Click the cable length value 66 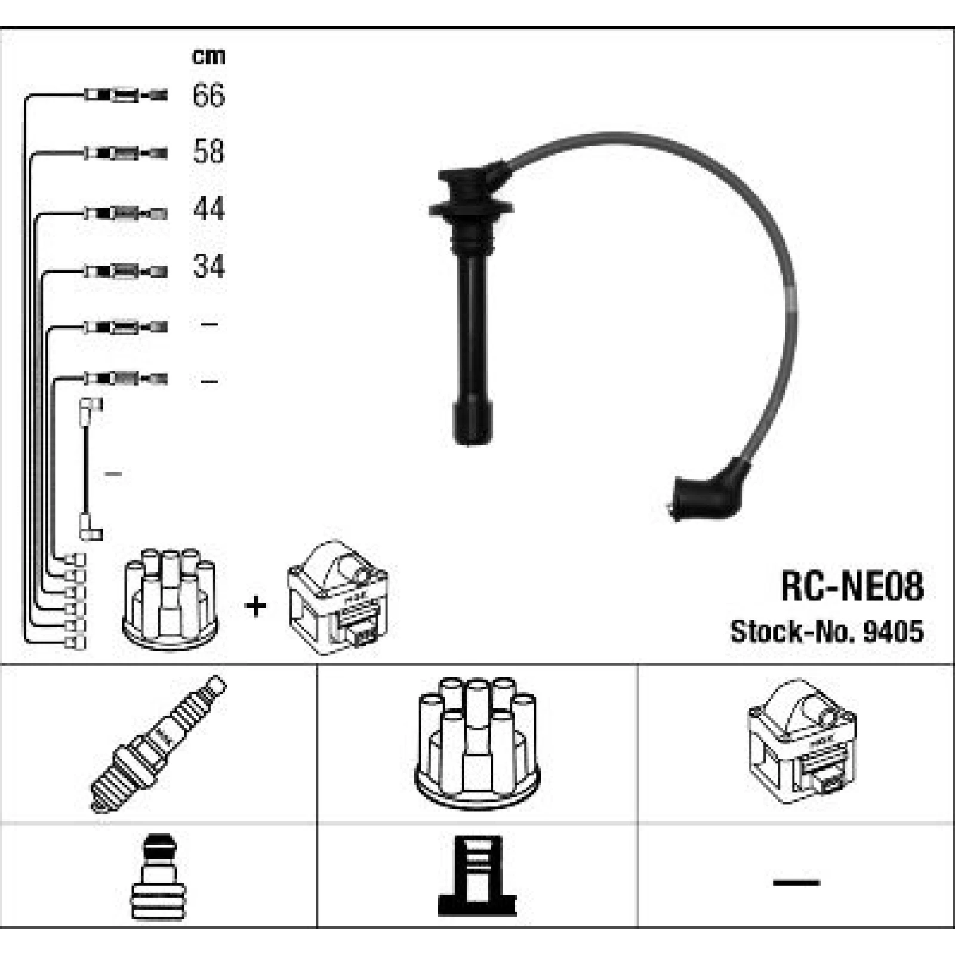coord(208,95)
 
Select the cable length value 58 coord(208,152)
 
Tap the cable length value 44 coord(208,209)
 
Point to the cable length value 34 coord(208,266)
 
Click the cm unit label coord(208,56)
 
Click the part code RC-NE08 coord(852,586)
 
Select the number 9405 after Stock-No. coord(893,631)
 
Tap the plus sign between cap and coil coord(255,606)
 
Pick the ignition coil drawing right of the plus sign coord(338,597)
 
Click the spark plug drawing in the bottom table coord(158,744)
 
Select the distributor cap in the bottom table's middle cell coord(478,743)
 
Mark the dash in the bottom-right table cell coord(796,882)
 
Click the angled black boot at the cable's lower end coord(710,489)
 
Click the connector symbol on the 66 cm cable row coord(125,95)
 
